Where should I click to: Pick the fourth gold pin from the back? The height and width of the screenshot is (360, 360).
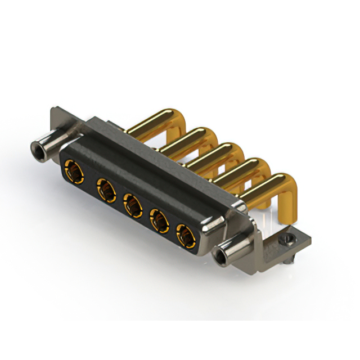[242, 172]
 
